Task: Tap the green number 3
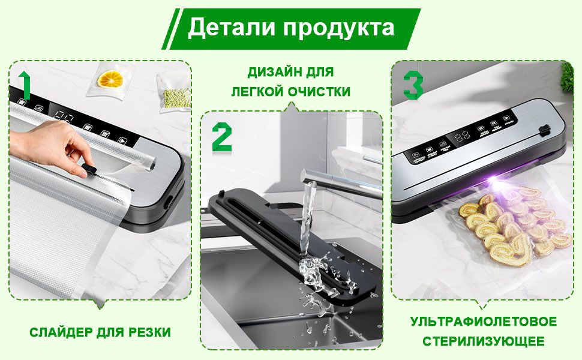click(413, 85)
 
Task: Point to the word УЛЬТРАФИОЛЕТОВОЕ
click(483, 322)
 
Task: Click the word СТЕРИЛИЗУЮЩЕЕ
click(483, 341)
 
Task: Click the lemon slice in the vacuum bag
click(110, 79)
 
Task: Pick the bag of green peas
click(176, 96)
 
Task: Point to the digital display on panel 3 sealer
click(463, 136)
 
